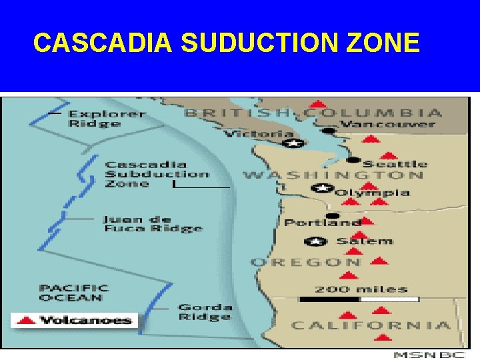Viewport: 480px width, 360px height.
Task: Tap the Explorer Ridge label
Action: pos(107,119)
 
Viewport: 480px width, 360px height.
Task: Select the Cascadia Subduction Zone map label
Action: pos(157,174)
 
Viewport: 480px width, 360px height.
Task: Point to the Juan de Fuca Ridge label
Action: pos(153,224)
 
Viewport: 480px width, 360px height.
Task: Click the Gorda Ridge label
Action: pos(205,312)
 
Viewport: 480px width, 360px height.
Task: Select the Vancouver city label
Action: pos(387,124)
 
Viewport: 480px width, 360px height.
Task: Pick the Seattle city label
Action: pos(395,164)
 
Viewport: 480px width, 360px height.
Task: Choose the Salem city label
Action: pos(364,241)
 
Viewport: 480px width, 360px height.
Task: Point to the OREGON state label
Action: pos(306,262)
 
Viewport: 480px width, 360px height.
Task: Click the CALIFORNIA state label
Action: pos(371,325)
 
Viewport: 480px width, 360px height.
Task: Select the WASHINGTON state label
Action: pos(333,175)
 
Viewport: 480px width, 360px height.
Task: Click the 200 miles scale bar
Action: pos(360,299)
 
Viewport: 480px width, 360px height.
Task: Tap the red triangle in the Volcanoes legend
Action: pos(26,320)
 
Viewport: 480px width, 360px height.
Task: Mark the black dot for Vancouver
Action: pos(327,131)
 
